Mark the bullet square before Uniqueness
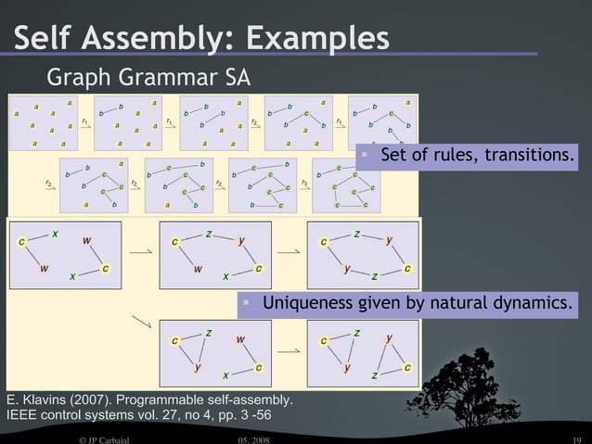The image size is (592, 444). tap(247, 302)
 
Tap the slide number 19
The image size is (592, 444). tap(575, 438)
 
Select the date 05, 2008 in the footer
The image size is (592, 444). tap(252, 438)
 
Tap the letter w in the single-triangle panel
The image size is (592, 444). tap(240, 339)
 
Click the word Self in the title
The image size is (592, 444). tap(45, 39)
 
